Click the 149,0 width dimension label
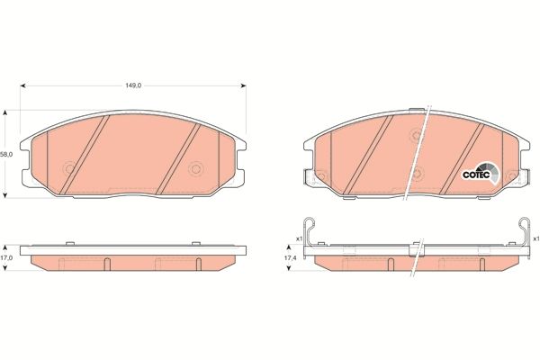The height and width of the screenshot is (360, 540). pyautogui.click(x=133, y=86)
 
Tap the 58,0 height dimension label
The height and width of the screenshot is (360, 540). pyautogui.click(x=6, y=154)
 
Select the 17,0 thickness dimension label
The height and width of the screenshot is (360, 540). pyautogui.click(x=6, y=256)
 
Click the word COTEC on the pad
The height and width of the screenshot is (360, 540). pyautogui.click(x=474, y=175)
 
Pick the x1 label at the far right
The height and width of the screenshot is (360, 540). pyautogui.click(x=535, y=238)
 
